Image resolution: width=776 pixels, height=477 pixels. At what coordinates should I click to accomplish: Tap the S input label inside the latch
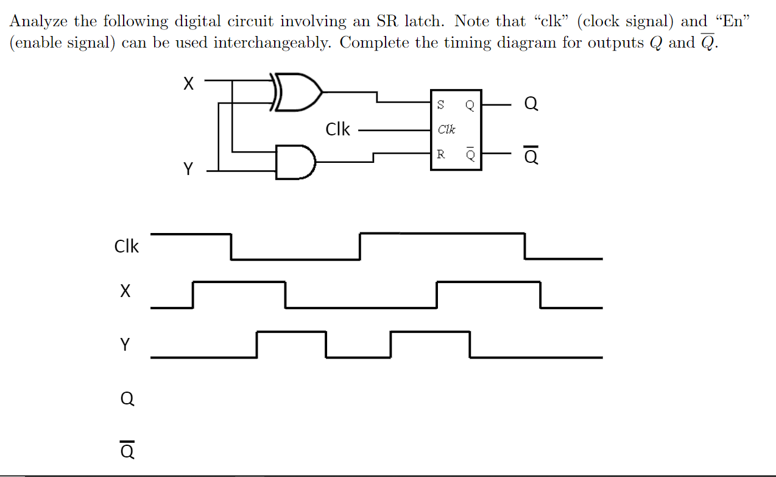[440, 105]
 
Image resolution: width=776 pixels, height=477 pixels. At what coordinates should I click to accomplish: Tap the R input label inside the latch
[440, 154]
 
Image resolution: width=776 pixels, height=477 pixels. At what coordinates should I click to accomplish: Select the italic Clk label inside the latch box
[446, 129]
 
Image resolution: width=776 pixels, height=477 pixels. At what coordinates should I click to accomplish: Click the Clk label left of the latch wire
[338, 129]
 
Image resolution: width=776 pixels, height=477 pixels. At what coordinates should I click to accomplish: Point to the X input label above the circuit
[189, 84]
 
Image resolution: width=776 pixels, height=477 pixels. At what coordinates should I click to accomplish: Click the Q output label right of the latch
[531, 105]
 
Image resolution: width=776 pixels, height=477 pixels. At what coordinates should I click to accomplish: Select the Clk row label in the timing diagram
[127, 246]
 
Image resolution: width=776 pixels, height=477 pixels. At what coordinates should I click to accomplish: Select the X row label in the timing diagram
[125, 292]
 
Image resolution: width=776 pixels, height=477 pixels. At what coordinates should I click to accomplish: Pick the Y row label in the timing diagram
[125, 345]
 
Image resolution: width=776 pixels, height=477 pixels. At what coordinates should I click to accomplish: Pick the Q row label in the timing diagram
[126, 399]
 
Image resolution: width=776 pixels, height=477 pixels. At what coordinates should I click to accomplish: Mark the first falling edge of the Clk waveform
[231, 246]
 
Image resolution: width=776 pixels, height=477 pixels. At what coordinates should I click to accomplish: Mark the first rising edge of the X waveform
[193, 295]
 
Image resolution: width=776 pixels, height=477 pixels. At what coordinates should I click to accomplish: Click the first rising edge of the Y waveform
[257, 344]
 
